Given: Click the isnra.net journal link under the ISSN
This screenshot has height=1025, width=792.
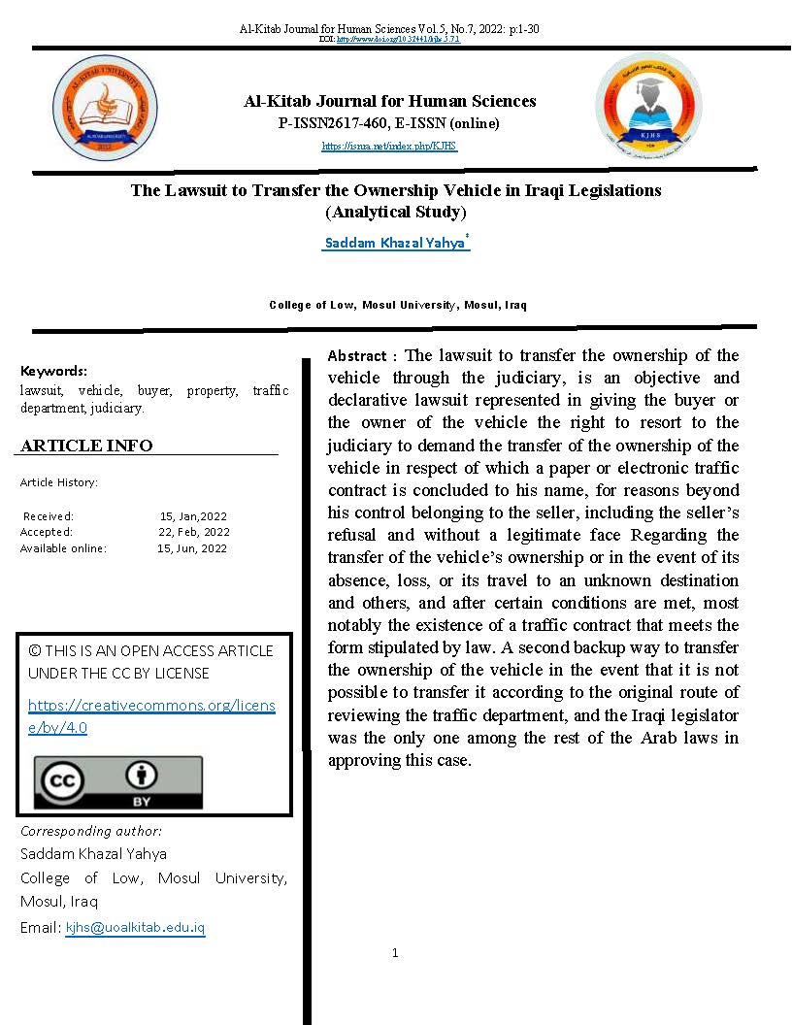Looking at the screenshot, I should [389, 147].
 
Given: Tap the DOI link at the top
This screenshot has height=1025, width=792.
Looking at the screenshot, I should [397, 40].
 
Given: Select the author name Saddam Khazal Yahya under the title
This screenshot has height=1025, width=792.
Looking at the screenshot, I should [394, 243].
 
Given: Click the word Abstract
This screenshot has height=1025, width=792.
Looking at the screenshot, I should [357, 356].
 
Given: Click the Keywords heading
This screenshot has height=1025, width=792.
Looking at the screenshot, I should [53, 371].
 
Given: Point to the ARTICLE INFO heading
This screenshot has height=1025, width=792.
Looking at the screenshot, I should [86, 446].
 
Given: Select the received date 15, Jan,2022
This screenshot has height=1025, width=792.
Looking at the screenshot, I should [193, 516].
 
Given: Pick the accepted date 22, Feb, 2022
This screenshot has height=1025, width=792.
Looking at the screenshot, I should [194, 532].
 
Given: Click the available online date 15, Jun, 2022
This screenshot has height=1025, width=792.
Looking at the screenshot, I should [192, 548].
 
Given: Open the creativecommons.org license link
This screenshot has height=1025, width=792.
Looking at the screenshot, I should [151, 716].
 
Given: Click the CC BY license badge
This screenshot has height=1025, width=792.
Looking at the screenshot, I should [118, 782].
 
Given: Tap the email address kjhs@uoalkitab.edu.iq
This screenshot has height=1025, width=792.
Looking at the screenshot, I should [135, 928].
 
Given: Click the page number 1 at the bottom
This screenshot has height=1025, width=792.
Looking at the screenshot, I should [395, 953].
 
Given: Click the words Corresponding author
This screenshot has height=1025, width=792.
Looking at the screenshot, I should [91, 831].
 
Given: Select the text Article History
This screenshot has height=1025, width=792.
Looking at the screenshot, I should [59, 482].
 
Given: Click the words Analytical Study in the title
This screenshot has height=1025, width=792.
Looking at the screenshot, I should [396, 212].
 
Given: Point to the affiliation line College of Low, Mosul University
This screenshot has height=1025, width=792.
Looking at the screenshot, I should [398, 305].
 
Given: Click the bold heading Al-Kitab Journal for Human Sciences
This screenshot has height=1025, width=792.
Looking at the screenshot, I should [389, 101].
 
